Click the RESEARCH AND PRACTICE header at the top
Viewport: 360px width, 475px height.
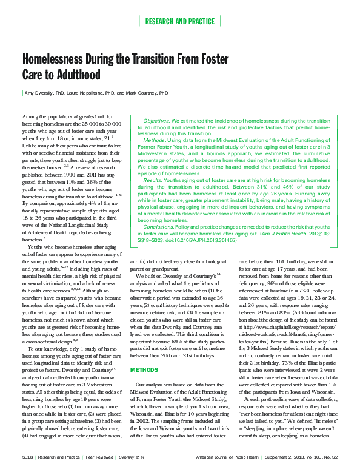point(180,21)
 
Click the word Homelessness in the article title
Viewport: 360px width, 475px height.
point(55,60)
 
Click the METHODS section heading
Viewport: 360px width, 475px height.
point(144,335)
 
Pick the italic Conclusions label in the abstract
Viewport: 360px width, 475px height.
point(159,227)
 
